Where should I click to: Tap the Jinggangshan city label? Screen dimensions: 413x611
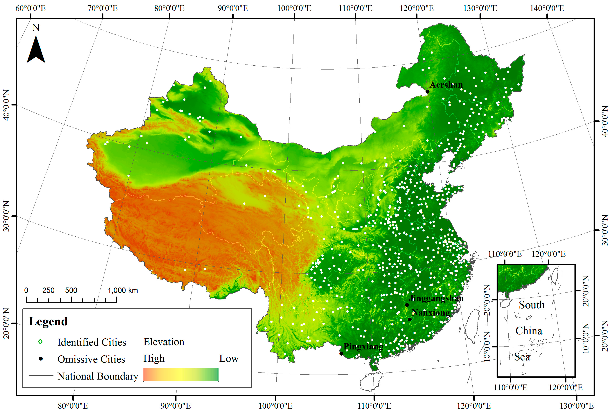tap(436, 298)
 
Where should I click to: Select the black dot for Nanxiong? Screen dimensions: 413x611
tap(410, 319)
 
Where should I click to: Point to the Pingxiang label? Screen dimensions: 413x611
tap(363, 346)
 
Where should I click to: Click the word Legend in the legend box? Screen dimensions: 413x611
tap(48, 321)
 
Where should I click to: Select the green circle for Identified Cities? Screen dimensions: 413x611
tap(40, 341)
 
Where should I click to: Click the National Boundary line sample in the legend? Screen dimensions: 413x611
tap(41, 375)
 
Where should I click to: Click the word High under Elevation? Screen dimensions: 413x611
tap(154, 358)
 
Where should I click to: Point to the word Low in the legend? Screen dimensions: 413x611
tap(229, 358)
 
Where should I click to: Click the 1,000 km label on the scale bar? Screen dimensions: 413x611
tap(122, 290)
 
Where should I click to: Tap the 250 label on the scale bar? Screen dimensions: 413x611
tap(48, 290)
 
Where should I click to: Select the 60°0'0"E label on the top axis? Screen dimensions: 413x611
tap(31, 8)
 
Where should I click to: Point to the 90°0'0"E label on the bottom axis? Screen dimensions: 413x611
tap(176, 406)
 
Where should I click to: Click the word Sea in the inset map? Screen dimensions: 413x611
tap(522, 357)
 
